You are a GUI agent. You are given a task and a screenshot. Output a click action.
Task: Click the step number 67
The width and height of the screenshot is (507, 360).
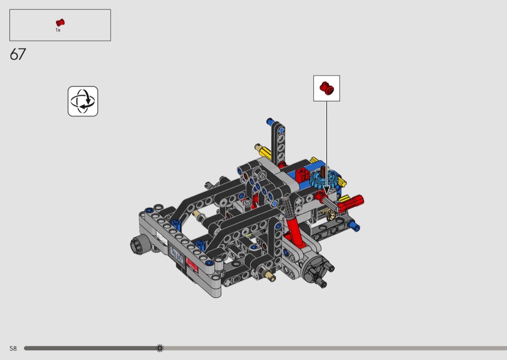click(18, 55)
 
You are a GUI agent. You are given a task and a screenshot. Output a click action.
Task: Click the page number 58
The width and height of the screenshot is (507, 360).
click(13, 348)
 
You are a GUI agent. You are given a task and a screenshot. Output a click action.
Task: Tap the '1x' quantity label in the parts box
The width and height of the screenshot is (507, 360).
click(58, 30)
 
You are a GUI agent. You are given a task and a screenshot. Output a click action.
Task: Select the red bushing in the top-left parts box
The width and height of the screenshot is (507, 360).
click(60, 23)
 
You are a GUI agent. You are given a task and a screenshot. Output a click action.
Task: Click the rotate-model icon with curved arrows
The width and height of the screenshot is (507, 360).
click(83, 101)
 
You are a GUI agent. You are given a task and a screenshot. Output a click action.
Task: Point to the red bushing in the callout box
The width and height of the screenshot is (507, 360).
click(327, 88)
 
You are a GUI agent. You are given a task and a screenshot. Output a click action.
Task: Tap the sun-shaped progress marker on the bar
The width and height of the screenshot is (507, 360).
click(160, 348)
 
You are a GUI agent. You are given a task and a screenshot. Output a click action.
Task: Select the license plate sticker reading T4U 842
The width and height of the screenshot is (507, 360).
click(177, 255)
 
